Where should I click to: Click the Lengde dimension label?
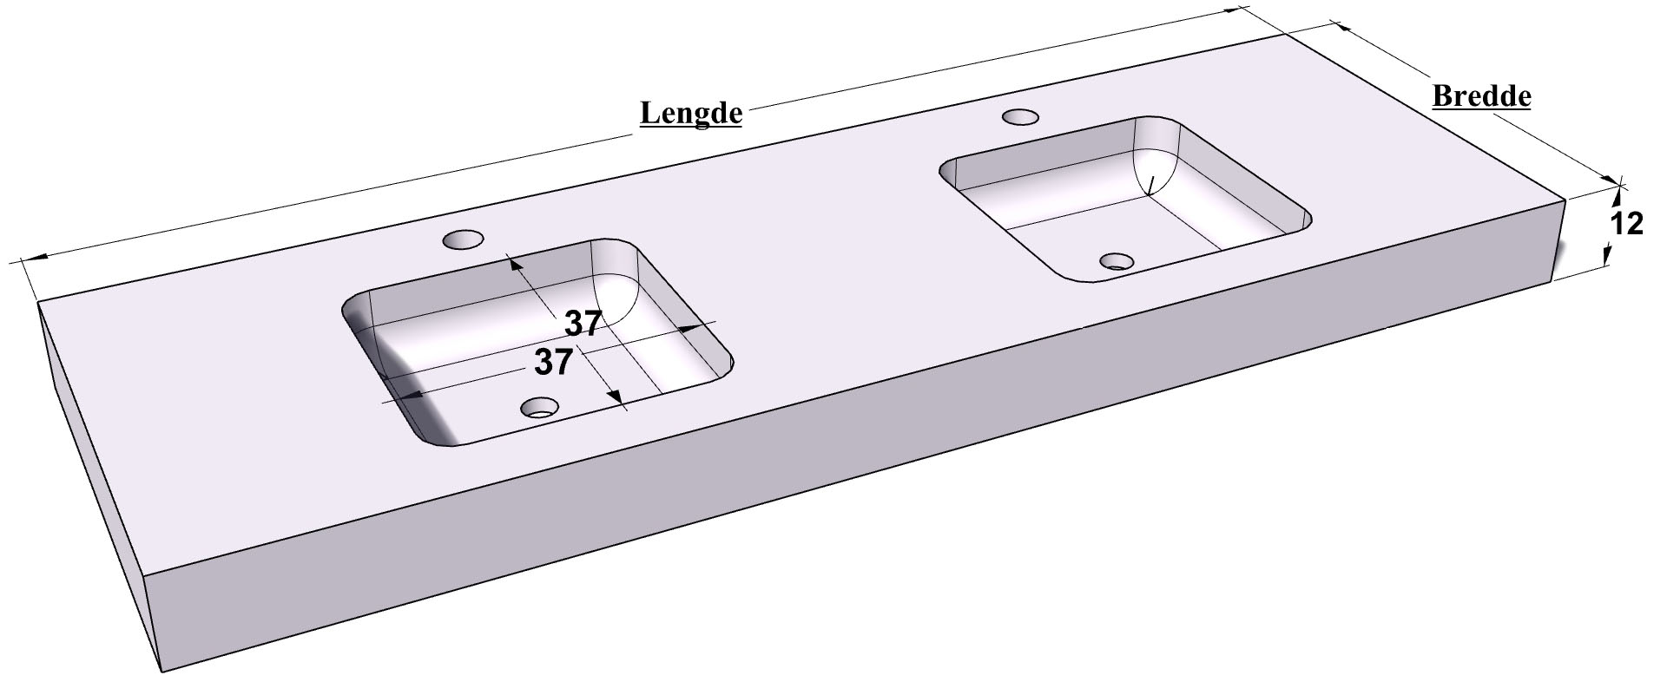691,114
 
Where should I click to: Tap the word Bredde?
1481,95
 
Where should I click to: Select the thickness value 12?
1626,224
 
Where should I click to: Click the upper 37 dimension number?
583,324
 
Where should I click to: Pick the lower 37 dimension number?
553,362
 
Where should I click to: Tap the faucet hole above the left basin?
463,239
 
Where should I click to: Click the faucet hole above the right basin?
1021,116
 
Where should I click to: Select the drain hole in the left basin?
539,407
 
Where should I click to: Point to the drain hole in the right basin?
1117,260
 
